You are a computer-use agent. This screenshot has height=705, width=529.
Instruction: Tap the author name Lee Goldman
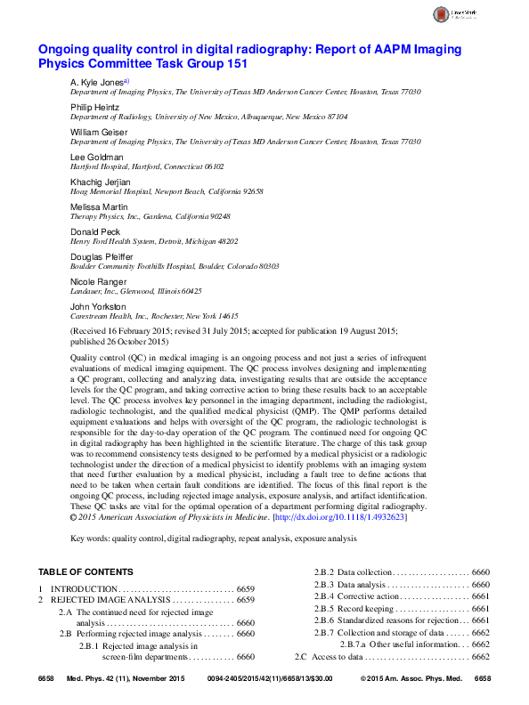[92, 157]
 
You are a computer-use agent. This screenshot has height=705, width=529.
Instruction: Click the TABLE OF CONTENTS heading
[85, 571]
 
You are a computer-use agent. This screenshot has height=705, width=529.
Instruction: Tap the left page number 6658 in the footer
[46, 679]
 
